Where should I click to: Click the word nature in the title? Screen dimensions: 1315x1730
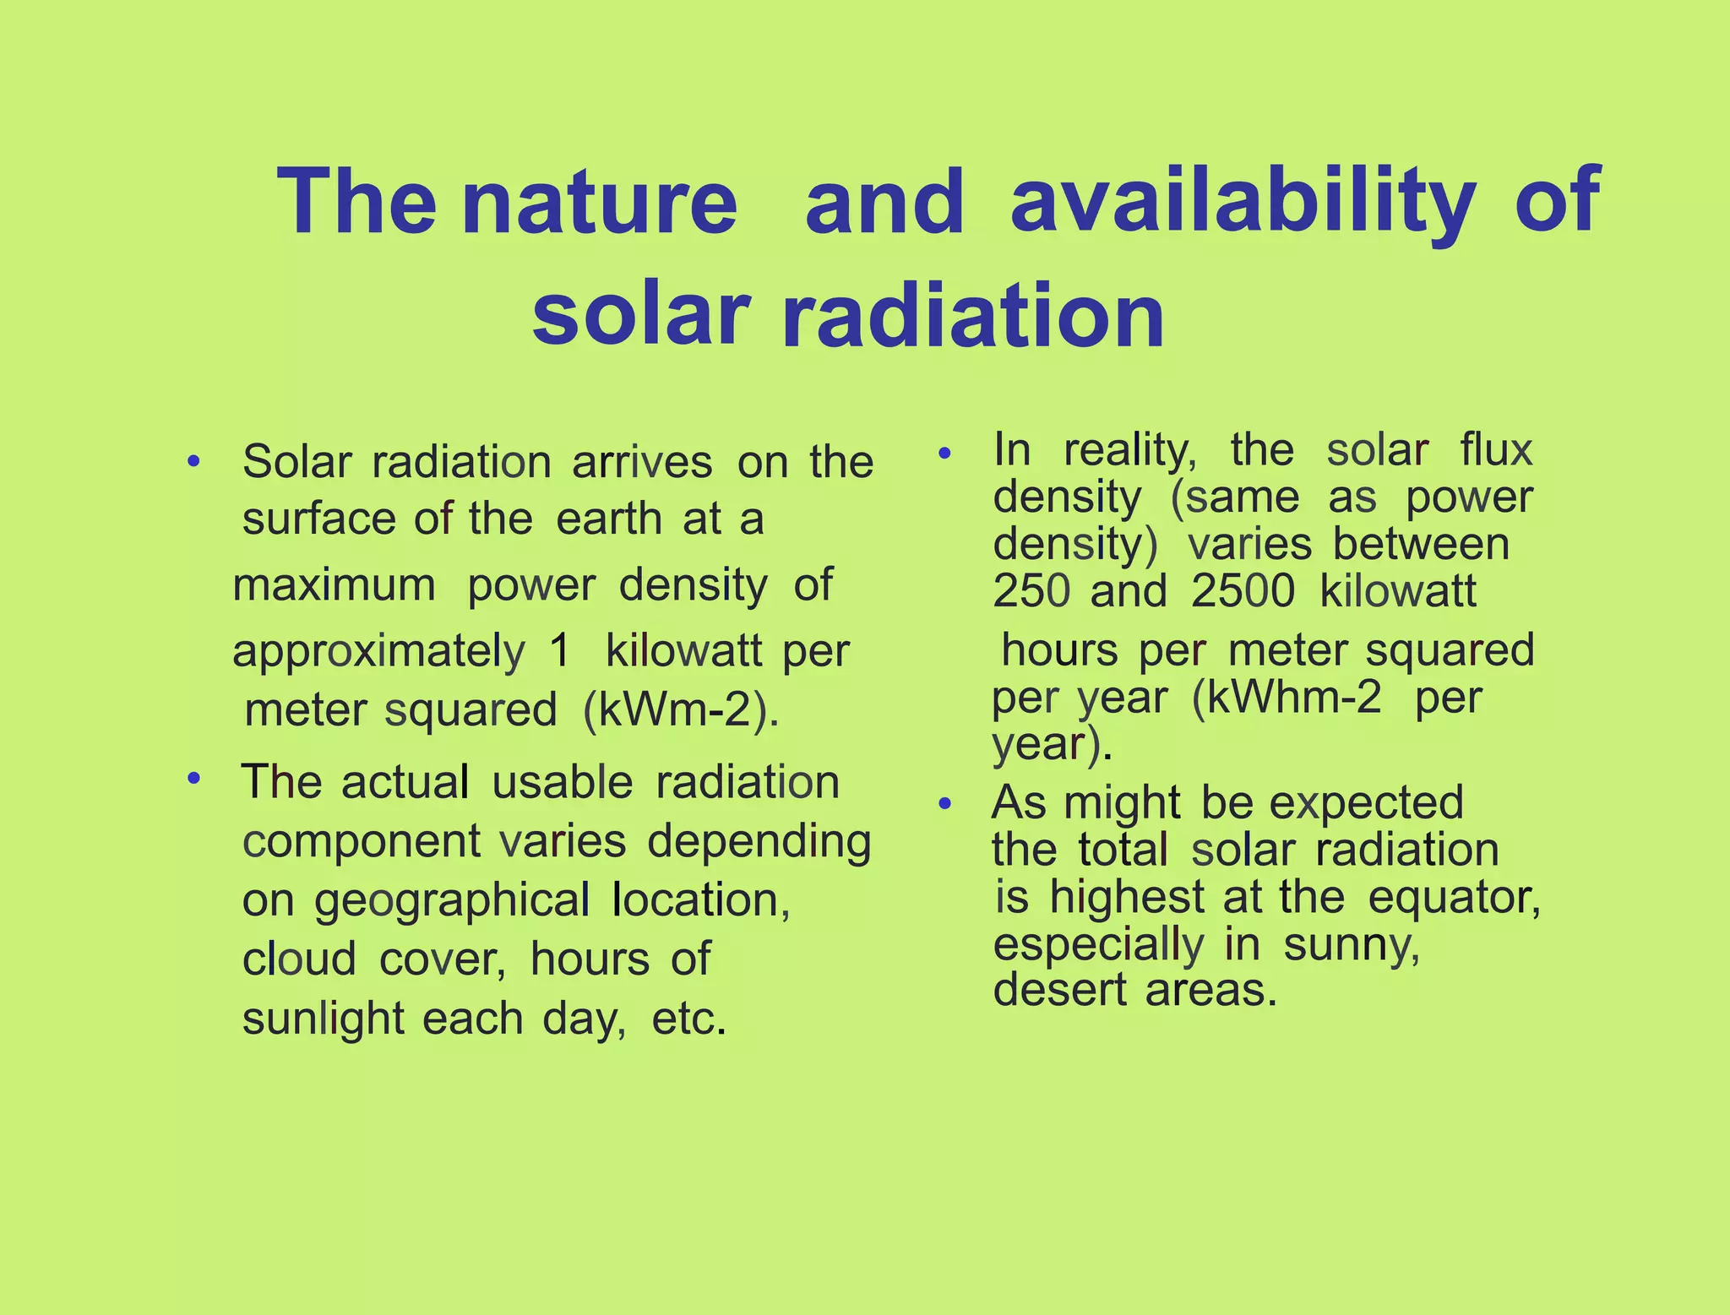click(x=600, y=203)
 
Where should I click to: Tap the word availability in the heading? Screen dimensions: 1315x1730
click(x=1243, y=203)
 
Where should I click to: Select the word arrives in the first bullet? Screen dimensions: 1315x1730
click(x=642, y=463)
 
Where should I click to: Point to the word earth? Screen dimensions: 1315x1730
click(x=609, y=519)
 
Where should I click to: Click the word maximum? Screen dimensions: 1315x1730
click(x=335, y=585)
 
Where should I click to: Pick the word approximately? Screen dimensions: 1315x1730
click(x=378, y=653)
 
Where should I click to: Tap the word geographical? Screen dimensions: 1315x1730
click(x=452, y=901)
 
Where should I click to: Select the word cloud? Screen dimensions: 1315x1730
click(x=299, y=959)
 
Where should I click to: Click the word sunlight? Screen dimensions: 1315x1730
click(x=323, y=1019)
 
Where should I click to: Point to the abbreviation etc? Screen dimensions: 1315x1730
click(x=688, y=1019)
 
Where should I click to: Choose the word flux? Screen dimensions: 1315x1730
click(x=1496, y=449)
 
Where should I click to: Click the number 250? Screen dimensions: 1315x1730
click(x=1031, y=591)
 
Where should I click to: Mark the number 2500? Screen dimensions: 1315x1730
click(x=1243, y=591)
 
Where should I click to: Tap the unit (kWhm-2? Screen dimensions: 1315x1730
click(x=1287, y=698)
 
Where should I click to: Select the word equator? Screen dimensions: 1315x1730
click(x=1454, y=897)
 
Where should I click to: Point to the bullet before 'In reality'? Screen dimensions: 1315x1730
click(x=945, y=454)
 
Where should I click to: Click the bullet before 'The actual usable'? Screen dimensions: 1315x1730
click(x=193, y=777)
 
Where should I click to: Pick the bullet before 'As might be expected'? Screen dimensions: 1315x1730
click(x=945, y=804)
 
